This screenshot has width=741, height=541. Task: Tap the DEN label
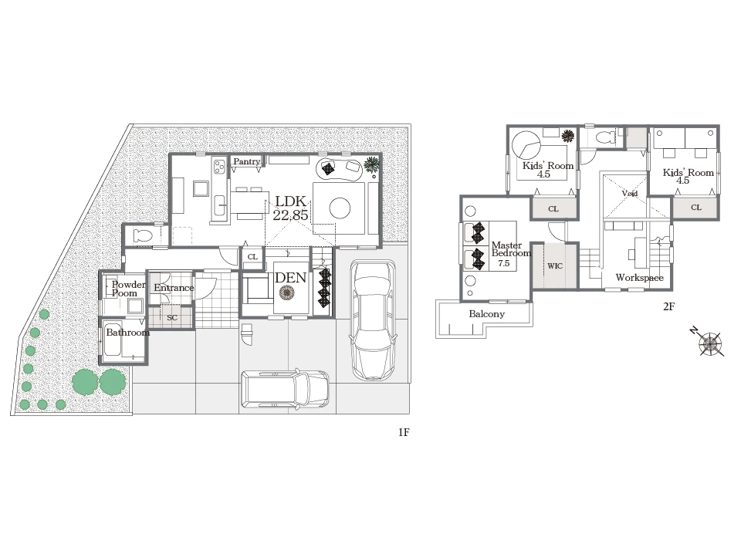(x=291, y=278)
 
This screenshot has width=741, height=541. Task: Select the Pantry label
(x=247, y=161)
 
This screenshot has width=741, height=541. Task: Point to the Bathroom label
(x=127, y=332)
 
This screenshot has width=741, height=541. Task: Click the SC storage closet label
(x=172, y=317)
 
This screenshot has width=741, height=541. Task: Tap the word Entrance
(x=174, y=288)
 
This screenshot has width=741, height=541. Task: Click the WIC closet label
(x=555, y=266)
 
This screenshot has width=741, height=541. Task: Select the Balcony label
(x=487, y=314)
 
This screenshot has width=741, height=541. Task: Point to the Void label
(x=630, y=193)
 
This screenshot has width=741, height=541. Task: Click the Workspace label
(x=639, y=278)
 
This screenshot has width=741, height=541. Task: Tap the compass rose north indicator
(x=709, y=343)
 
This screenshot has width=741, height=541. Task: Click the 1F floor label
(x=404, y=432)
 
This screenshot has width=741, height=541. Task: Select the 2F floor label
(x=668, y=306)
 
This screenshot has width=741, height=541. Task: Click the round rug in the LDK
(x=340, y=208)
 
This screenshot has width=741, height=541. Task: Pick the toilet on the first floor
(x=143, y=235)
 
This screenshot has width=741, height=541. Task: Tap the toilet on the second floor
(x=605, y=138)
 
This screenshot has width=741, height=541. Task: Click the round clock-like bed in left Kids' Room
(x=526, y=144)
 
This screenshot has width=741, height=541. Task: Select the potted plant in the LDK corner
(x=372, y=165)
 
